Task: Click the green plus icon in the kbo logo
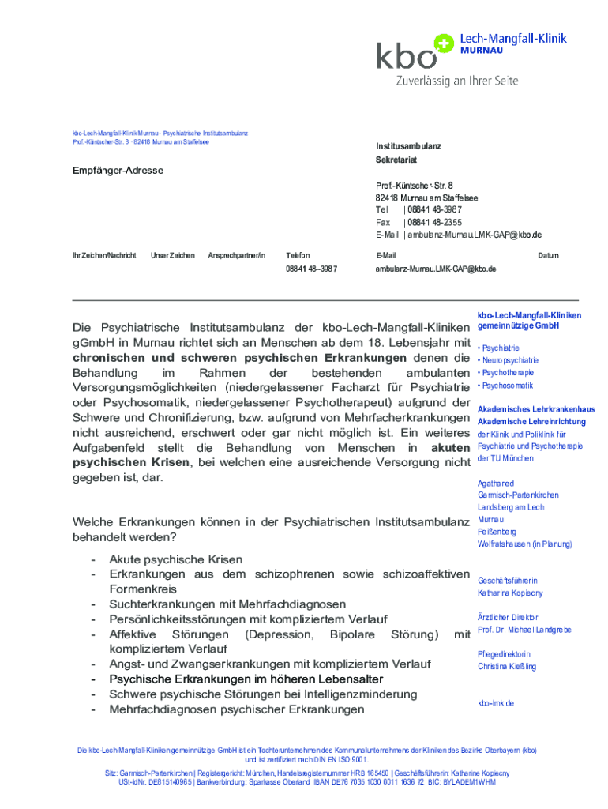[445, 43]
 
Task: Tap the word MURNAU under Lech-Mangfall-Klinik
[482, 51]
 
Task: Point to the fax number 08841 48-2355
[433, 222]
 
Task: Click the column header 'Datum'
[548, 255]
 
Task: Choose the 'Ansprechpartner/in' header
[237, 255]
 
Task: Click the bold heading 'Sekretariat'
[396, 160]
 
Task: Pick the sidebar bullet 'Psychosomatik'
[507, 386]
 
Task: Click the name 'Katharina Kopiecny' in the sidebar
[510, 593]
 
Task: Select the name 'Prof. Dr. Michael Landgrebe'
[524, 630]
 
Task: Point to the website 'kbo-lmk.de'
[496, 702]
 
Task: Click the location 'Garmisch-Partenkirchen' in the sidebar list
[518, 495]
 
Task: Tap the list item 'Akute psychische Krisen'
[175, 559]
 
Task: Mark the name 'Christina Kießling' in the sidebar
[507, 667]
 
